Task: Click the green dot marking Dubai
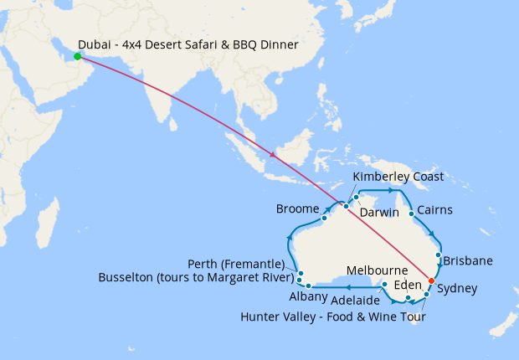(x=77, y=57)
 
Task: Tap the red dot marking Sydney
(x=432, y=280)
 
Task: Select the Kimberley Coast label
(x=398, y=177)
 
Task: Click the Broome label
(x=297, y=208)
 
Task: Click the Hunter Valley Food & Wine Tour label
(x=333, y=317)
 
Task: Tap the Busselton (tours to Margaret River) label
(x=196, y=276)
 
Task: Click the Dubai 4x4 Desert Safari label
(x=188, y=44)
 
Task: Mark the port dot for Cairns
(x=412, y=213)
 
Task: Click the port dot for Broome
(x=324, y=219)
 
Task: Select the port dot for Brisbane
(x=439, y=255)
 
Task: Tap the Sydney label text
(x=457, y=289)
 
